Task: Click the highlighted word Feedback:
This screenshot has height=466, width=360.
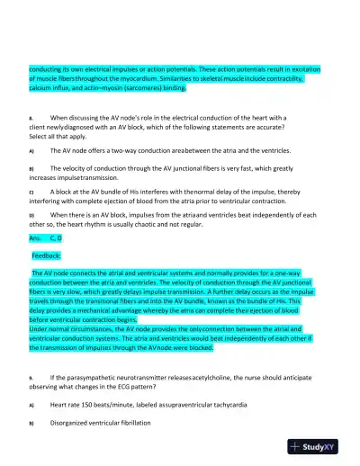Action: point(49,256)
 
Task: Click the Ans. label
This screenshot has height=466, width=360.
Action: point(37,239)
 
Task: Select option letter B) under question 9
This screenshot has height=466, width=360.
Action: point(31,422)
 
